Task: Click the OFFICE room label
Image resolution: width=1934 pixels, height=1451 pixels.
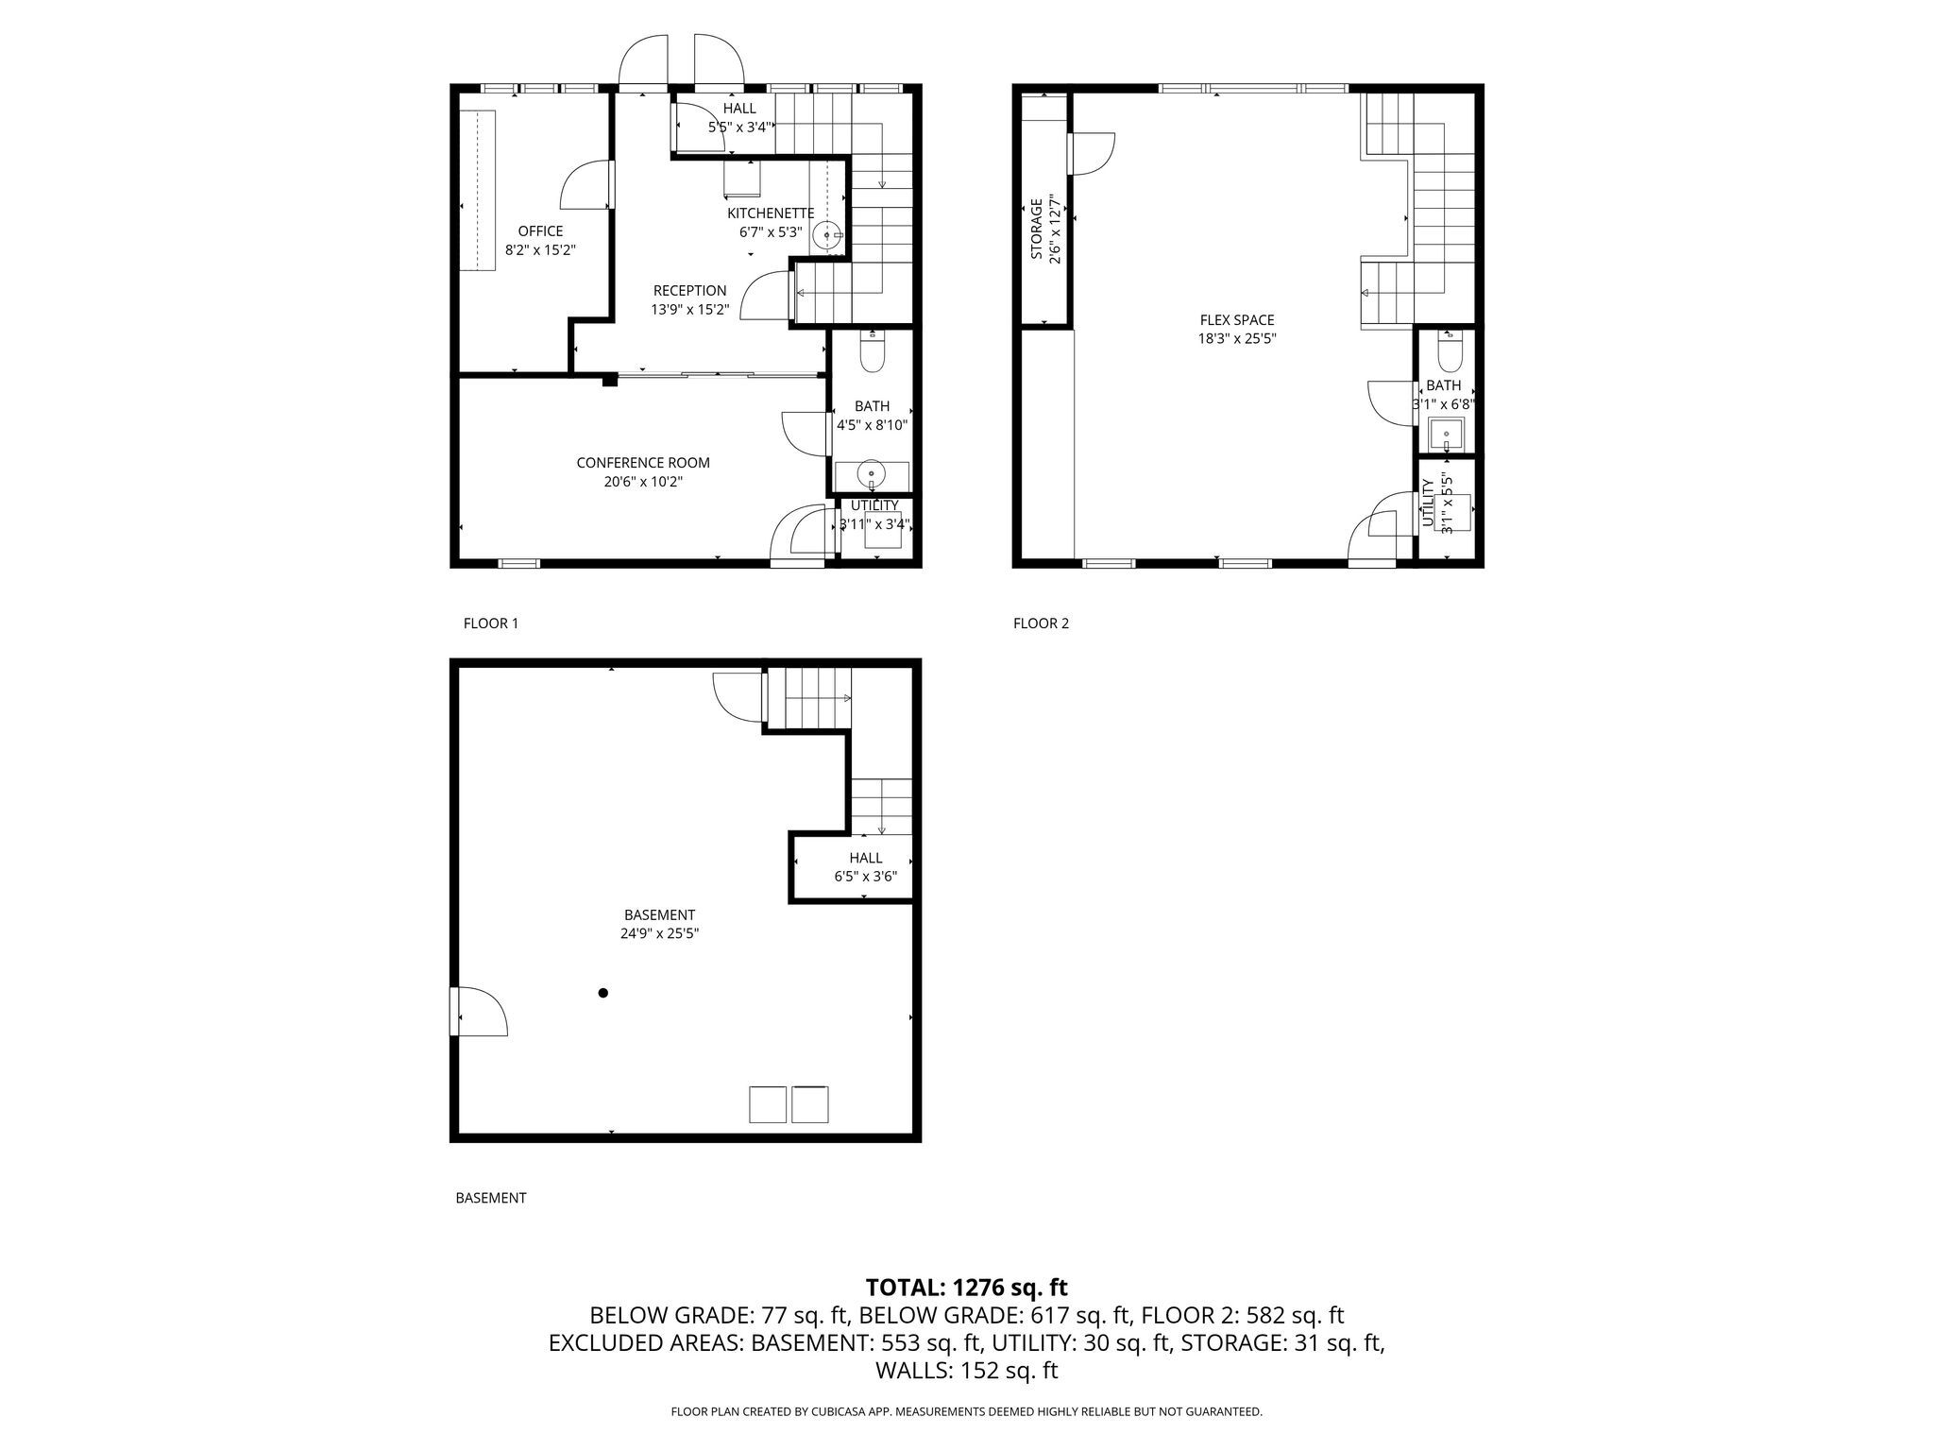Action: (x=540, y=231)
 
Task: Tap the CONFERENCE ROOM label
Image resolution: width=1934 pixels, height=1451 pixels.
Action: (x=643, y=463)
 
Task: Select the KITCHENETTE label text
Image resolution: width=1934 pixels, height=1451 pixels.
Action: (x=771, y=213)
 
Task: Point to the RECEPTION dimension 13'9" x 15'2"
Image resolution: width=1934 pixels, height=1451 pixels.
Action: (x=689, y=309)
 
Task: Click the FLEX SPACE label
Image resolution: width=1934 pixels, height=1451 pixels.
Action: (x=1237, y=320)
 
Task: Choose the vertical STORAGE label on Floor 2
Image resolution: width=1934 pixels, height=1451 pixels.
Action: (x=1036, y=229)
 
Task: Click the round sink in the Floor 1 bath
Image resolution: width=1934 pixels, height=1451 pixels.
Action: (x=871, y=472)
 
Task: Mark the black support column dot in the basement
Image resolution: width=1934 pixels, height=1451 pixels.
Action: (x=602, y=993)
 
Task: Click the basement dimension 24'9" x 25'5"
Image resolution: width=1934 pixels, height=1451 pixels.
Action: (x=659, y=933)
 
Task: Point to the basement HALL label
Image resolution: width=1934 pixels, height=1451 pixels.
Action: (x=865, y=858)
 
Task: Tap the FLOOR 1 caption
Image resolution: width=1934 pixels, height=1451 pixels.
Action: (x=491, y=623)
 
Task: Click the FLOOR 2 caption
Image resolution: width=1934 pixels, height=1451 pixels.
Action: (x=1042, y=623)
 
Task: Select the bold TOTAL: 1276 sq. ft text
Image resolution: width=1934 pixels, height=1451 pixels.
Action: (x=966, y=1288)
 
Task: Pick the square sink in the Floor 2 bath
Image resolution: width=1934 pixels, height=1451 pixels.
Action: (x=1446, y=435)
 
